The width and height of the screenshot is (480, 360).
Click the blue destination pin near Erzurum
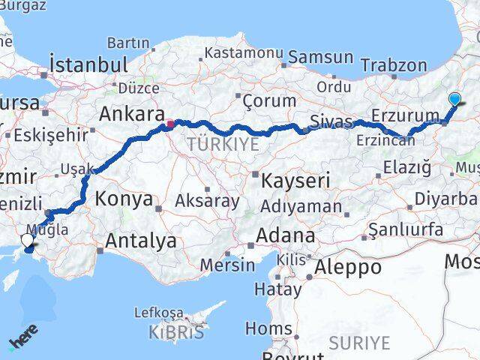[454, 98]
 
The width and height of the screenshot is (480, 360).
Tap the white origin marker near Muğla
[28, 240]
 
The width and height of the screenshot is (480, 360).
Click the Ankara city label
[132, 115]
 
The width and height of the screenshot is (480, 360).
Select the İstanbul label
[88, 63]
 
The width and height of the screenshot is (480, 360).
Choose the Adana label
[285, 235]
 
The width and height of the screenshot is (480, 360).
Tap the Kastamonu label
[244, 53]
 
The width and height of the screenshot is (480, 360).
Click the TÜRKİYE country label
[224, 143]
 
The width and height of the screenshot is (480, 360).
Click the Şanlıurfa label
[409, 229]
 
